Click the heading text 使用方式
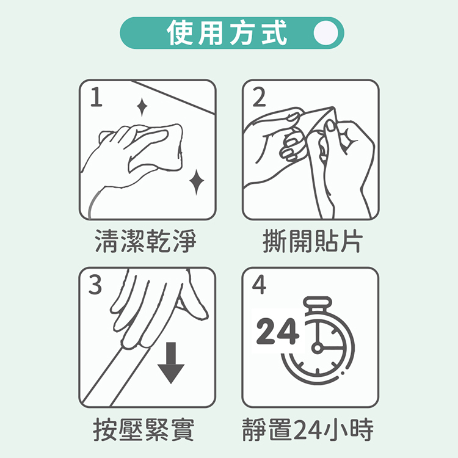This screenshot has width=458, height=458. pos(227,33)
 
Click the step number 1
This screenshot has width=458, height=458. pos(96,98)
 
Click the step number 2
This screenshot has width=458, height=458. pos(259,98)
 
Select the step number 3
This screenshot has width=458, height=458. pos(96,285)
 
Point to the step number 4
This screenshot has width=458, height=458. pos(259,285)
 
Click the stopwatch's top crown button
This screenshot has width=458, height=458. pos(316,304)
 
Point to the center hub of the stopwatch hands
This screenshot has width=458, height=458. pos(316,348)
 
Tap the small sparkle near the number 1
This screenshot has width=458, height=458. pos(142,107)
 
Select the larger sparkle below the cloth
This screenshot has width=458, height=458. pos(196,181)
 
